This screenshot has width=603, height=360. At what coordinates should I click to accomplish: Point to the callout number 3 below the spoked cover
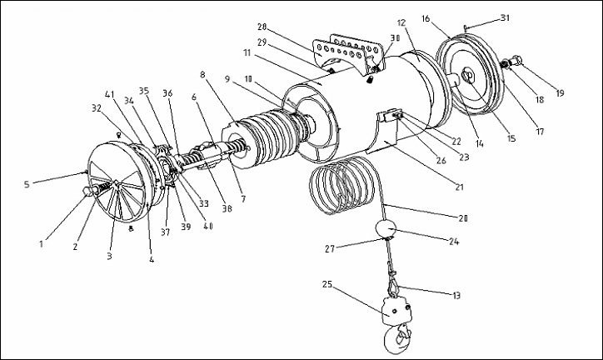110,257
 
